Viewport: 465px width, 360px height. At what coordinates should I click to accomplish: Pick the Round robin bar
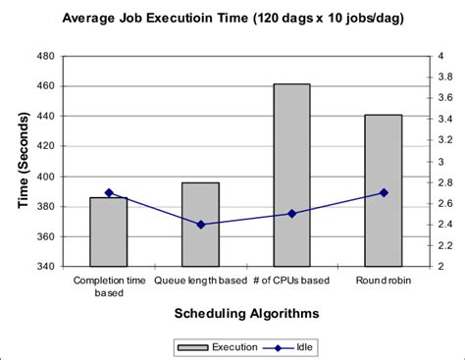click(384, 190)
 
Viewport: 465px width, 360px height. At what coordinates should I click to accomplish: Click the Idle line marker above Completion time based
click(109, 192)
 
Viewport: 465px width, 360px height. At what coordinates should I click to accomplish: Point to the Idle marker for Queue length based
click(200, 225)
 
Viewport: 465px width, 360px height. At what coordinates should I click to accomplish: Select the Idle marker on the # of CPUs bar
click(291, 213)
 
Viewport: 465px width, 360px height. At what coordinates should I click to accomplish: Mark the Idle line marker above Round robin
click(384, 192)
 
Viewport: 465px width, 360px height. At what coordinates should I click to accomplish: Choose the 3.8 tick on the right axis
click(444, 77)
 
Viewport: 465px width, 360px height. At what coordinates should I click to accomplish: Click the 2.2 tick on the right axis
click(444, 245)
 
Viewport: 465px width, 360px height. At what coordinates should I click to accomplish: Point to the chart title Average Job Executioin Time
click(232, 18)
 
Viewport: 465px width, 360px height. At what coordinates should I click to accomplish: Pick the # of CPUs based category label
click(291, 279)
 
